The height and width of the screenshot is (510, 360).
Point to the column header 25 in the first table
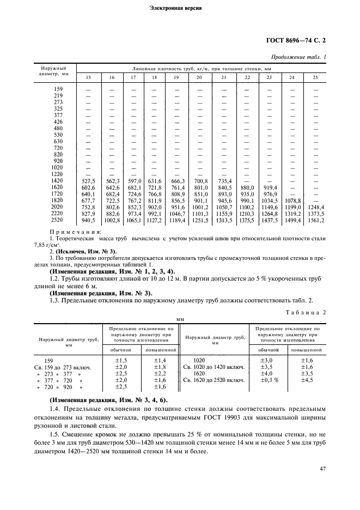point(315,77)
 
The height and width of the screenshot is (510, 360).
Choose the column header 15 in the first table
point(88,77)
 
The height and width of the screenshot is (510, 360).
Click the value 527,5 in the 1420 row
point(88,181)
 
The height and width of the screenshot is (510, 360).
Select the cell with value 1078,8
point(292,201)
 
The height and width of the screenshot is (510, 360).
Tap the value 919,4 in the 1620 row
point(269,187)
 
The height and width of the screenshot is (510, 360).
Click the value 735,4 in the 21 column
point(224,181)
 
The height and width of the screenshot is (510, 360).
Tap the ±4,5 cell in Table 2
point(308,380)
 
